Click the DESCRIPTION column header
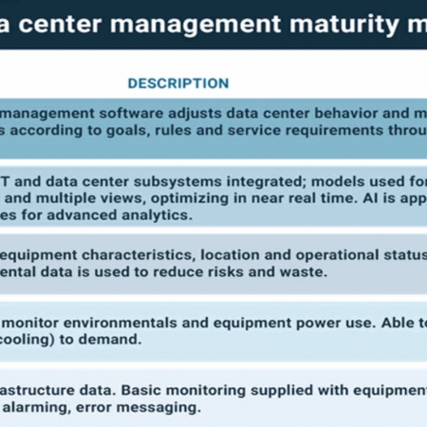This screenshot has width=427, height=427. (x=178, y=84)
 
